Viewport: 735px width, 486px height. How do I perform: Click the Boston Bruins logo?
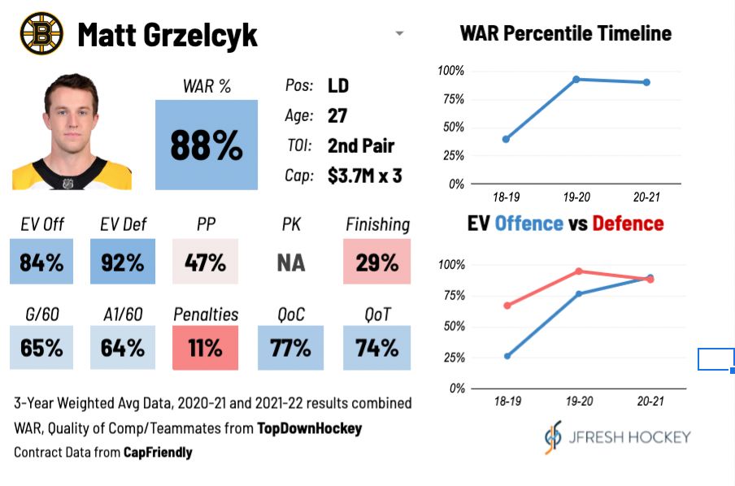click(x=41, y=33)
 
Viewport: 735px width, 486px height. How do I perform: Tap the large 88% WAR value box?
click(x=207, y=145)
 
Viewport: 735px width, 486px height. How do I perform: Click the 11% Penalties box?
click(x=206, y=348)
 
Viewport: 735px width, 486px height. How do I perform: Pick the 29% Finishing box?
click(x=376, y=262)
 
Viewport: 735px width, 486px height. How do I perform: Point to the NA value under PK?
click(x=290, y=263)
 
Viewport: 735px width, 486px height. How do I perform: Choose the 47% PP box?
click(x=206, y=262)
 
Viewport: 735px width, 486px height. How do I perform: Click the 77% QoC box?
click(x=290, y=348)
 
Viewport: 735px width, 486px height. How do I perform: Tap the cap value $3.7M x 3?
click(x=364, y=175)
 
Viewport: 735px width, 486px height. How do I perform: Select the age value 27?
click(x=337, y=115)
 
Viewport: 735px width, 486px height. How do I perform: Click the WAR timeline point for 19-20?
click(x=576, y=79)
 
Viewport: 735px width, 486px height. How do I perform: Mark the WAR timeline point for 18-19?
click(x=506, y=139)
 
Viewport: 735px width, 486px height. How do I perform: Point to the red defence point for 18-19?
click(x=508, y=306)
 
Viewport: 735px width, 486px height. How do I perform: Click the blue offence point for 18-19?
click(x=508, y=356)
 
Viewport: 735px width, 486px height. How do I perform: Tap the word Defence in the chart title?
click(x=628, y=223)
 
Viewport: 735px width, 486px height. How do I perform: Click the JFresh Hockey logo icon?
click(x=553, y=436)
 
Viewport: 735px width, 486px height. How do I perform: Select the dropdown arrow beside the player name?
click(x=399, y=34)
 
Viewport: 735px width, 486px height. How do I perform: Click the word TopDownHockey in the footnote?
click(x=309, y=427)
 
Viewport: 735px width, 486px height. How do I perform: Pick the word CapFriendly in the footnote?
click(x=158, y=451)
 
